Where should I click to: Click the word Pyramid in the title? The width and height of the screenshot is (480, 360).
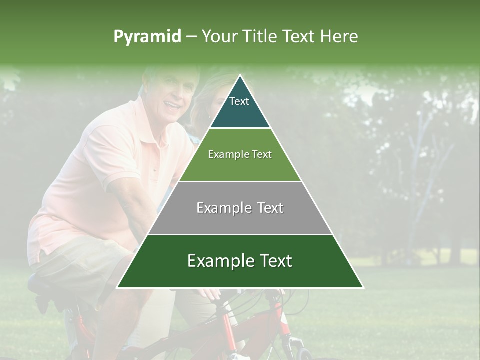point(147,37)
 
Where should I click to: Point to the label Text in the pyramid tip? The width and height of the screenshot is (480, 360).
point(239,101)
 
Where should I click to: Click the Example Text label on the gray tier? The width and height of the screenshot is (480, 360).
point(240,208)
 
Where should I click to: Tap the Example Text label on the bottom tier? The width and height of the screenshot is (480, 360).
point(240,261)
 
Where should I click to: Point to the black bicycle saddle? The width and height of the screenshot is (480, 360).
point(47,287)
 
